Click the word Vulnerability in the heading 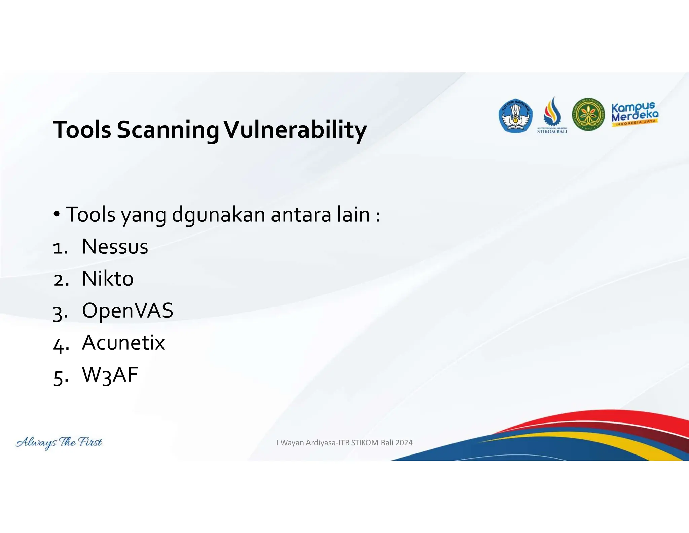coord(295,130)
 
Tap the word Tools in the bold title coord(82,130)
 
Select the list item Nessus coord(115,247)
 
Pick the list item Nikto coord(108,279)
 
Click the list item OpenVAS coord(128,310)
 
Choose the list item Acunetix coord(123,343)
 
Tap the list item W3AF coord(110,375)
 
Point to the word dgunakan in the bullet coord(219,215)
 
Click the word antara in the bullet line coord(301,215)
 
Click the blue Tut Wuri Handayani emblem coord(515,116)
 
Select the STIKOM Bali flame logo coord(552,115)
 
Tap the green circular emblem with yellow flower coord(588,115)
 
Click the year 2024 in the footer coord(404,443)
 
